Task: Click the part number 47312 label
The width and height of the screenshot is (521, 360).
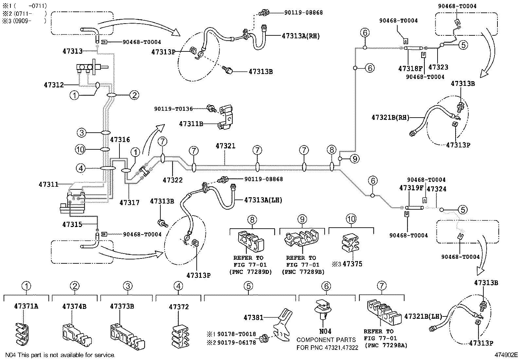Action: [x=53, y=85]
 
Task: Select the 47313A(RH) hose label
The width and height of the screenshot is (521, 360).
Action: [x=300, y=36]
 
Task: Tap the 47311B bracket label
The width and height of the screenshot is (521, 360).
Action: [x=191, y=124]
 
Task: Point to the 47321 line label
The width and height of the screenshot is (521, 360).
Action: [x=225, y=146]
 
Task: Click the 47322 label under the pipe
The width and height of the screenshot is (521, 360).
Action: [x=172, y=180]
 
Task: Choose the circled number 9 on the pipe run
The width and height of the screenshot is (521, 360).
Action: [x=354, y=159]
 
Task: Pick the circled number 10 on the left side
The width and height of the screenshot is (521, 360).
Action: [x=81, y=150]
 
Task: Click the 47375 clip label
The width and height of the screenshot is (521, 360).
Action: [x=352, y=264]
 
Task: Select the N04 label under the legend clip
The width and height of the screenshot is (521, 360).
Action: [x=325, y=331]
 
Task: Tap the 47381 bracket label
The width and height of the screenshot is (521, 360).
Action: [x=253, y=317]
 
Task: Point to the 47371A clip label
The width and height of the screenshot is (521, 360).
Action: [x=26, y=306]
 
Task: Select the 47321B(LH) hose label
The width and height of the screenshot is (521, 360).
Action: [x=423, y=316]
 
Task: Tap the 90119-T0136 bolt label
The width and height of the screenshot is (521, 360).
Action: [x=173, y=109]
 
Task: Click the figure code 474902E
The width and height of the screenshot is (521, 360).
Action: [x=506, y=355]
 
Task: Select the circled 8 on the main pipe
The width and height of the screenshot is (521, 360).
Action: [x=332, y=150]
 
